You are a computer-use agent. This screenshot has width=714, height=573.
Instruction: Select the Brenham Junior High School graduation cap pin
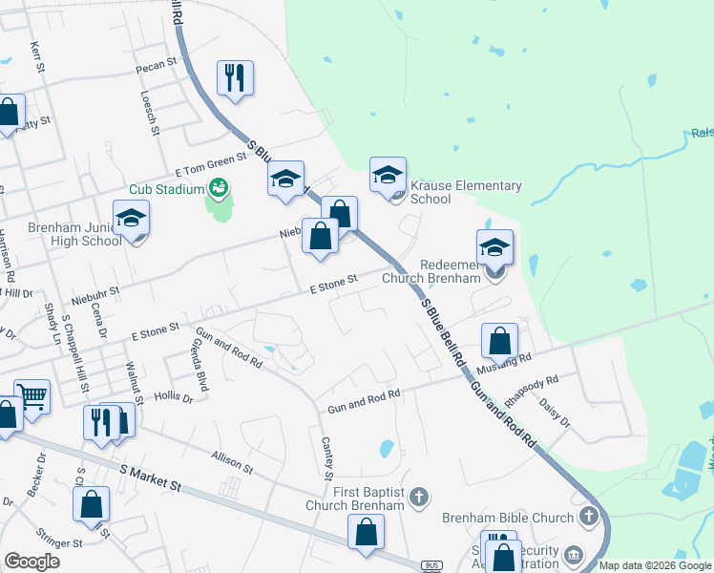(x=131, y=220)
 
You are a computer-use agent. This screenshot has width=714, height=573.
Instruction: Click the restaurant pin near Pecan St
(x=235, y=78)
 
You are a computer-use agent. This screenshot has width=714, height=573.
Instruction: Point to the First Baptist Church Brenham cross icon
(x=418, y=496)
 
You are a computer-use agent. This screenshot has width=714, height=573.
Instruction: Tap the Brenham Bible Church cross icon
(x=589, y=518)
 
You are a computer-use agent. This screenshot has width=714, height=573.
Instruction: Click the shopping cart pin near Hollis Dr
(x=32, y=396)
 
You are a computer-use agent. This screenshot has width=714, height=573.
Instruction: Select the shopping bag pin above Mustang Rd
(x=499, y=341)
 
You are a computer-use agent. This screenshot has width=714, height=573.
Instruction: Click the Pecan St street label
(x=157, y=63)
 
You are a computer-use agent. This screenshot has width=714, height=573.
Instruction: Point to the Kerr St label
(x=38, y=56)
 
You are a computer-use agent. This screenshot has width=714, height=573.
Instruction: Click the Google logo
(x=32, y=562)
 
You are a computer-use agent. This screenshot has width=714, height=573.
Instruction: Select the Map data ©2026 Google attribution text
(x=654, y=565)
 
